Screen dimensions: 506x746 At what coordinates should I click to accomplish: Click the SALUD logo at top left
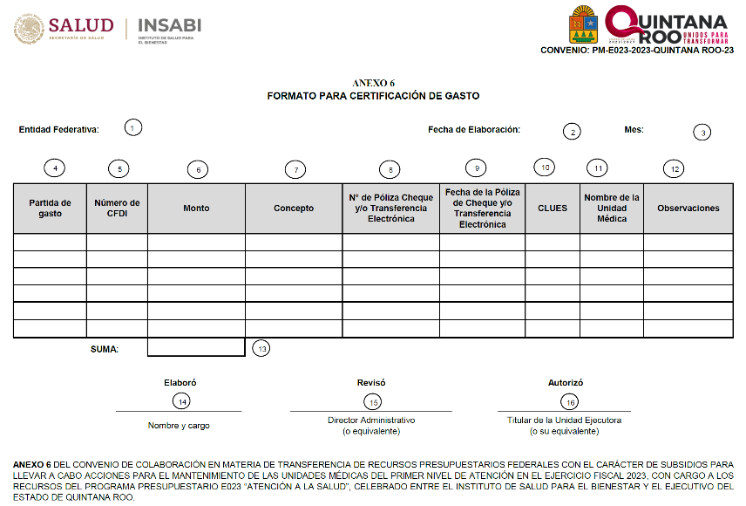(64, 30)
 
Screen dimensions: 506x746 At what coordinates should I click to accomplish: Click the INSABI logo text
(169, 26)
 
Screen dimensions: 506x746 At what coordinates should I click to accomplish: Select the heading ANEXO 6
(373, 83)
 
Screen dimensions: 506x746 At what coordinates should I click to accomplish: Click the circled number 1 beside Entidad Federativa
(132, 127)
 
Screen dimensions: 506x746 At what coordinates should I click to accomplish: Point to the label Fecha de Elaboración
(474, 130)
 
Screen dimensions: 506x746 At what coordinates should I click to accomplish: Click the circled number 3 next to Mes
(702, 133)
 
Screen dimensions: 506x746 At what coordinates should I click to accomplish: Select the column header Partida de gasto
(50, 208)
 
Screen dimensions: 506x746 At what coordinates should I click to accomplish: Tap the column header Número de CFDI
(117, 208)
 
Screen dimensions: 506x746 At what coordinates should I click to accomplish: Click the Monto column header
(196, 209)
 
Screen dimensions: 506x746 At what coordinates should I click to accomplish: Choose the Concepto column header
(294, 209)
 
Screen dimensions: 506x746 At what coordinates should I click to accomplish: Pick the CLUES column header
(553, 209)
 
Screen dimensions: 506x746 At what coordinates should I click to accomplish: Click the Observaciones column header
(688, 209)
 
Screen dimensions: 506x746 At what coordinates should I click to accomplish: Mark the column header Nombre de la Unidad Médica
(612, 208)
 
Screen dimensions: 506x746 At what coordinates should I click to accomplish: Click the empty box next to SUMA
(196, 348)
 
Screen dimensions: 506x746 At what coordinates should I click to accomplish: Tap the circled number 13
(261, 348)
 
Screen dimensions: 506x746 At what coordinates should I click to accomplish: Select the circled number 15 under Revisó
(372, 401)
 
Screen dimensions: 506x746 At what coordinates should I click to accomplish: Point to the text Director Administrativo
(371, 420)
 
